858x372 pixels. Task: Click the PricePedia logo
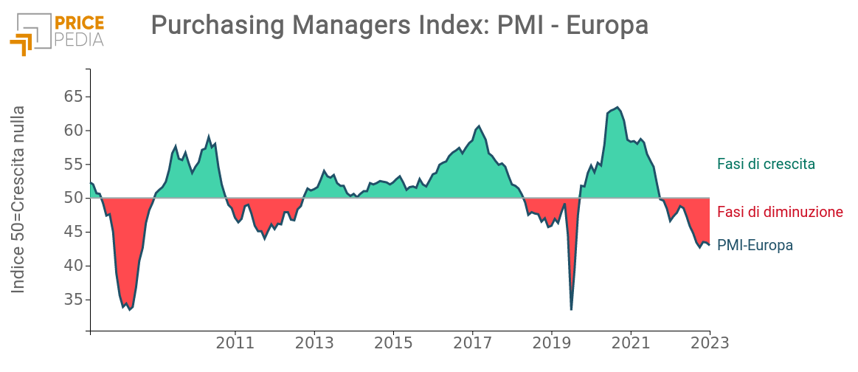pos(58,32)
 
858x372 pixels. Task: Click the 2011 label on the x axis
pos(235,344)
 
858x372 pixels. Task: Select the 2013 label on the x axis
pos(314,344)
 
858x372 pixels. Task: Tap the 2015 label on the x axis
pos(393,344)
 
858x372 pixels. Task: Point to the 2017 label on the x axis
pos(472,344)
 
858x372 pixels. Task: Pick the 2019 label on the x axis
pos(551,344)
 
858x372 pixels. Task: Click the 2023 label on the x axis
pos(709,344)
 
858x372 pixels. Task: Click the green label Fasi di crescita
pos(766,164)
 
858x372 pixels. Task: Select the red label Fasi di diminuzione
pos(780,212)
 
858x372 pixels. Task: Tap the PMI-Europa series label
pos(755,246)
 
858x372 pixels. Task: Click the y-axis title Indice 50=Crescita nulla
pos(19,199)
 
